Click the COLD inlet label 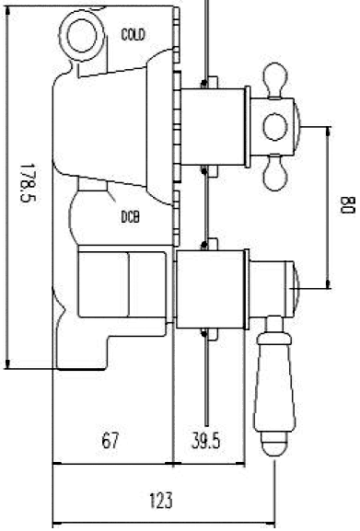point(134,35)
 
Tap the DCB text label point(131,217)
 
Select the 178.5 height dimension point(28,183)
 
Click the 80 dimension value point(347,205)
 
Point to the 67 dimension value point(110,441)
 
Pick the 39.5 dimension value point(205,441)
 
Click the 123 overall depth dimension point(161,501)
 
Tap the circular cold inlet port point(82,36)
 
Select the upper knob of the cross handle point(275,80)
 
